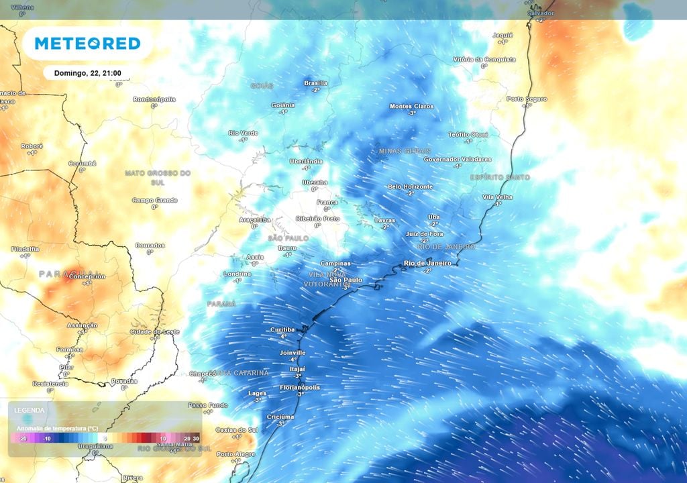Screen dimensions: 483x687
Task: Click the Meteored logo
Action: click(87, 44)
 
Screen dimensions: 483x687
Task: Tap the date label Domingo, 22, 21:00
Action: click(87, 73)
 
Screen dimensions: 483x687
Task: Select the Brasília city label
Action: click(315, 83)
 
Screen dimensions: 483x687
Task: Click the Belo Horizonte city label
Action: click(410, 186)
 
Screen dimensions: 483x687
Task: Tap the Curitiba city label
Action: click(282, 329)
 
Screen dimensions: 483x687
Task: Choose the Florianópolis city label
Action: click(299, 387)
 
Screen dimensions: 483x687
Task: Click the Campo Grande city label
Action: click(154, 200)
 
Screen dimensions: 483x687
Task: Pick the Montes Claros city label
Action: click(411, 106)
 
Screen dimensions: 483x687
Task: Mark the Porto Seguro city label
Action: click(527, 99)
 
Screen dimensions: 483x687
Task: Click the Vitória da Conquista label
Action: click(484, 59)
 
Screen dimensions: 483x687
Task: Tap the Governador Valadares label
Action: click(458, 159)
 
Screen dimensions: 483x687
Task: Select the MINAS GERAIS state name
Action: click(404, 151)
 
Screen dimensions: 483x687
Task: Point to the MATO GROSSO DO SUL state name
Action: click(158, 177)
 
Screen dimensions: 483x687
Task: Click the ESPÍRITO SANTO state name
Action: click(500, 177)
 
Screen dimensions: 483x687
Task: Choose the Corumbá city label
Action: click(82, 163)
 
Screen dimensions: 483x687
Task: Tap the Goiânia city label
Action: click(282, 105)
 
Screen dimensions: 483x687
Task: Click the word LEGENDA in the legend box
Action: click(30, 410)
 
